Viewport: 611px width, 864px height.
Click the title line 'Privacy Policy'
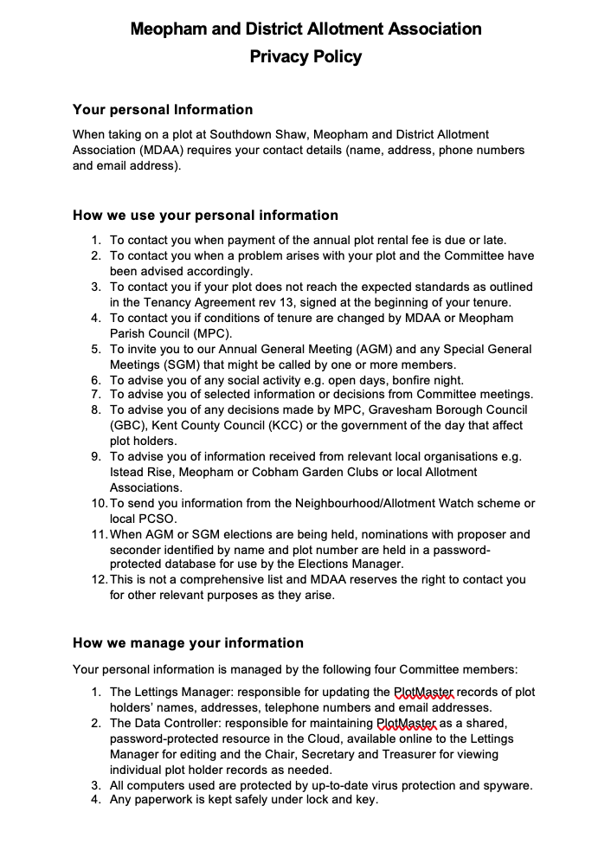pos(305,57)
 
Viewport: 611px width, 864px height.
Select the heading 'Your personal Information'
pos(163,110)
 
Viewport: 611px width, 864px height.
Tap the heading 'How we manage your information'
pos(188,643)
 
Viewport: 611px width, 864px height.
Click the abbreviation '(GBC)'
pos(127,426)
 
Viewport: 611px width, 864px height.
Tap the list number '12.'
pos(98,580)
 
